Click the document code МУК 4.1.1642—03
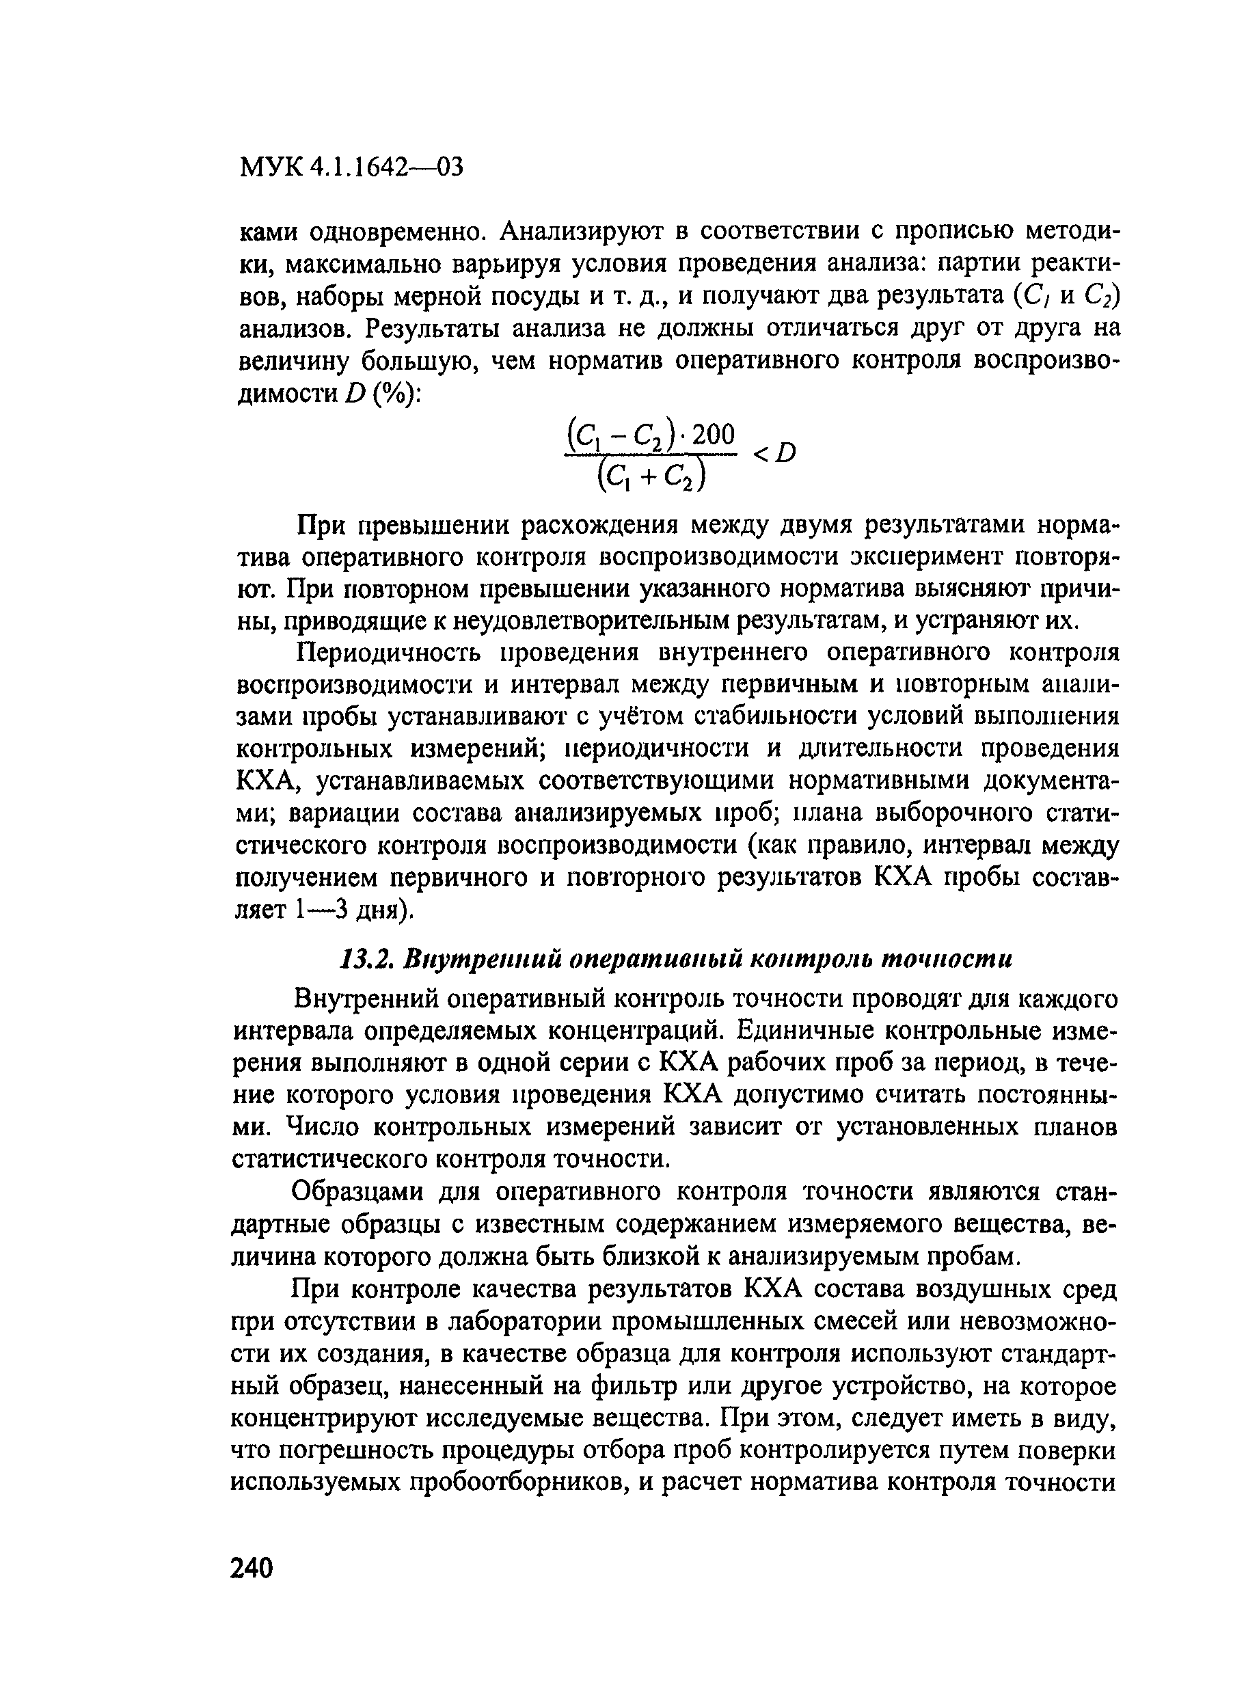(350, 167)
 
